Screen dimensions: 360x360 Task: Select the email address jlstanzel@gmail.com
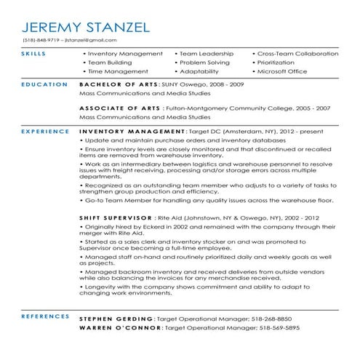click(91, 39)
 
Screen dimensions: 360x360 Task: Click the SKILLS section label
click(33, 54)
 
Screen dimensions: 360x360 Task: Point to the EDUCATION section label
click(40, 85)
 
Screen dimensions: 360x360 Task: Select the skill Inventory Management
click(124, 54)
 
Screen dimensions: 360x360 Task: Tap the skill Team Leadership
click(207, 54)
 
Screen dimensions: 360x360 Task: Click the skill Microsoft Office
click(287, 72)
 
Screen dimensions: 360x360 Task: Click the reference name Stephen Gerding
click(115, 319)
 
